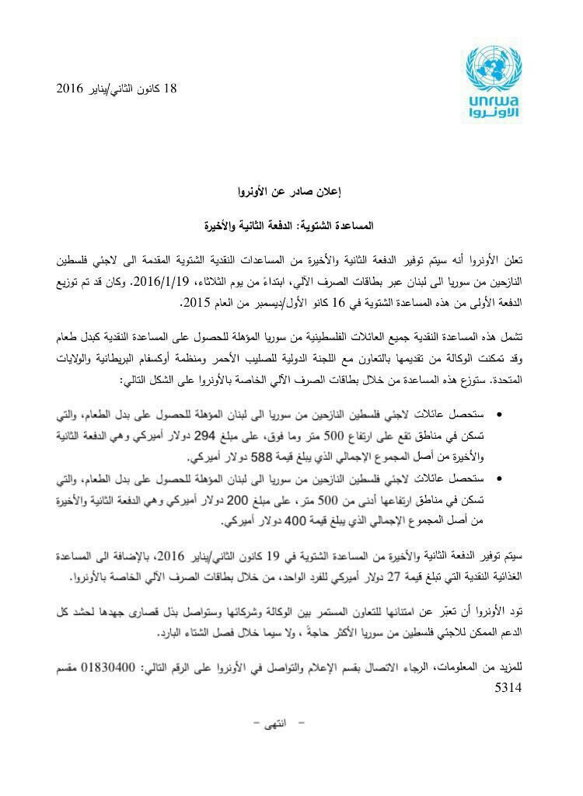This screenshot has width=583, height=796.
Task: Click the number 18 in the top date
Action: [171, 89]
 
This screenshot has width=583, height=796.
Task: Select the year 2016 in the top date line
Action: [69, 89]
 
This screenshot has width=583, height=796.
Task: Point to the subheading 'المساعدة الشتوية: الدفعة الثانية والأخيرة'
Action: [288, 227]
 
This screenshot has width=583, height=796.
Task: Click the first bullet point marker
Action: [499, 417]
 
